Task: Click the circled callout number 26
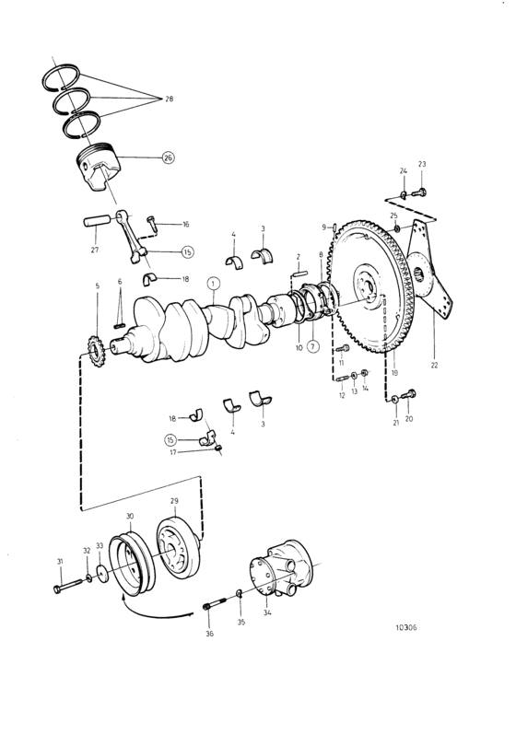168,157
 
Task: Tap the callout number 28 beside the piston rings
169,99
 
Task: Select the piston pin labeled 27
97,222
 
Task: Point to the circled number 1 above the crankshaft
214,284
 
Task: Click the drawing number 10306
405,627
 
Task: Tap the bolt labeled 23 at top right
419,192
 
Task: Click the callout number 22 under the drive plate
434,366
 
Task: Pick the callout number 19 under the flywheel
394,372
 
